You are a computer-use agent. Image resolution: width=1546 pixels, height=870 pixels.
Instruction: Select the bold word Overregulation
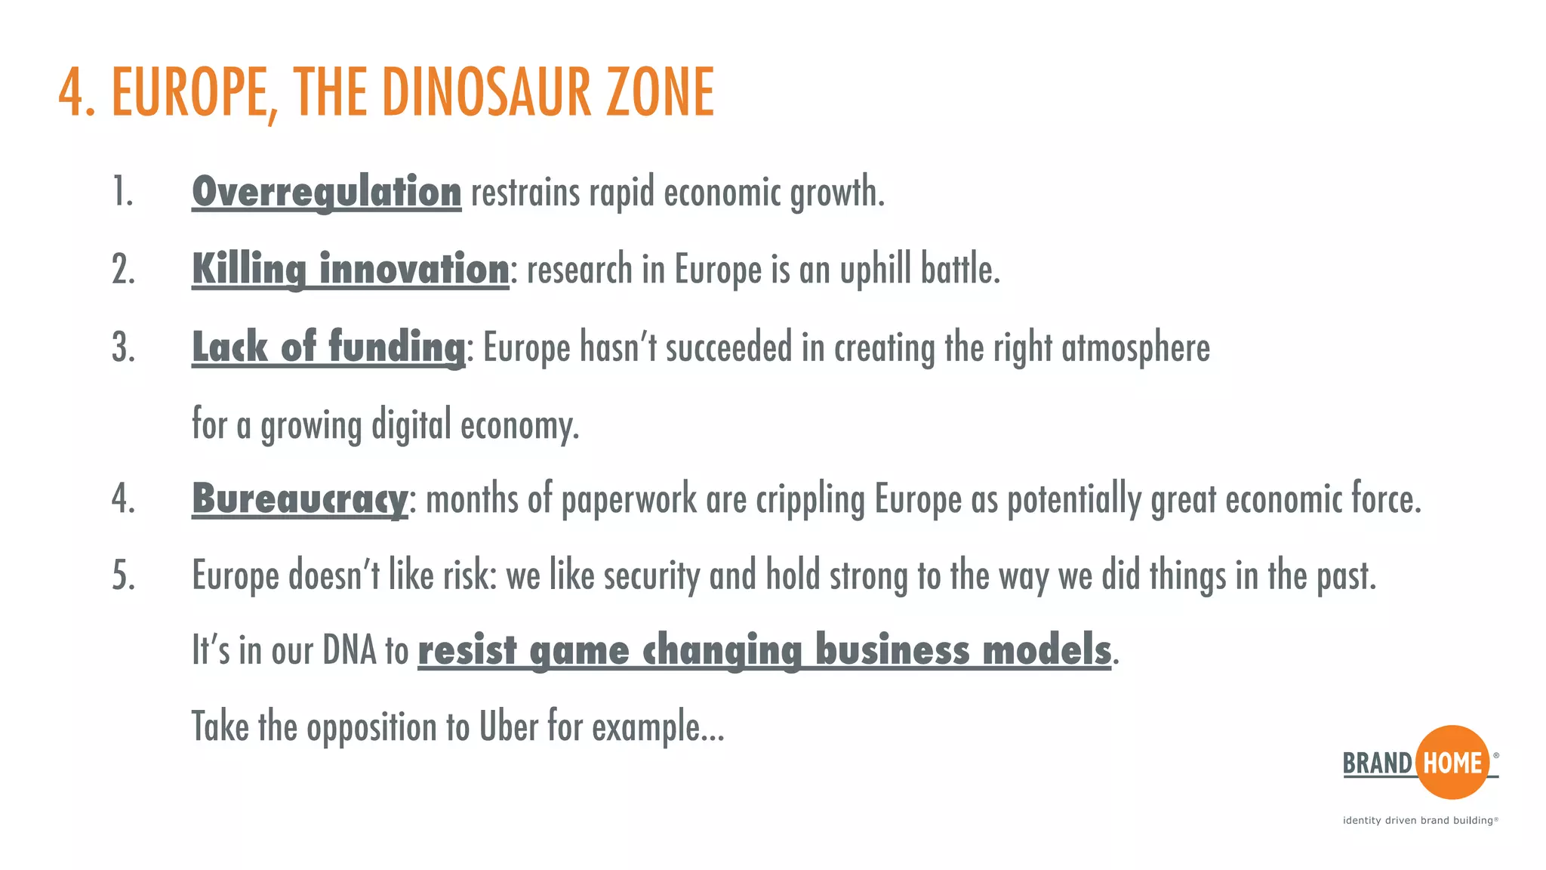pos(326,192)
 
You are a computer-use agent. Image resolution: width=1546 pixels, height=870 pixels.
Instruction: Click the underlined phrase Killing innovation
pos(350,270)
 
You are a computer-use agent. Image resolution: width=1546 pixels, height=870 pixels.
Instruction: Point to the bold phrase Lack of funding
pos(328,347)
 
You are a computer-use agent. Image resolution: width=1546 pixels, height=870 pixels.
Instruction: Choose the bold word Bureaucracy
pos(300,499)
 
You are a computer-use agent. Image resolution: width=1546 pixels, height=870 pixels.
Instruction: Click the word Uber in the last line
pos(508,727)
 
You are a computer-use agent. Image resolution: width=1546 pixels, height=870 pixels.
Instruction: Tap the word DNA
pos(349,650)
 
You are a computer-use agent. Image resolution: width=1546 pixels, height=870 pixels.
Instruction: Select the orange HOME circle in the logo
pos(1452,763)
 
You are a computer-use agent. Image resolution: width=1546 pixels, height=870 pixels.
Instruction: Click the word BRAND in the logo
pos(1377,764)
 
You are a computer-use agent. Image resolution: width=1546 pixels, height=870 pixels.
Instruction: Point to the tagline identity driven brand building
pos(1419,820)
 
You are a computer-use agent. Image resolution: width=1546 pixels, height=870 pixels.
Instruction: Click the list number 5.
pos(124,576)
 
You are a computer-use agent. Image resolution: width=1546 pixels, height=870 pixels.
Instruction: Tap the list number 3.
pos(124,348)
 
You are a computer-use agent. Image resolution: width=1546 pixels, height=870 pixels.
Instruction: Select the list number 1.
pos(123,192)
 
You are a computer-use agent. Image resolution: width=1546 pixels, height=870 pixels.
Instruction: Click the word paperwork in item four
pos(629,500)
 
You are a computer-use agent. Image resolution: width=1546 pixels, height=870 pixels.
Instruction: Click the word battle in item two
pos(959,270)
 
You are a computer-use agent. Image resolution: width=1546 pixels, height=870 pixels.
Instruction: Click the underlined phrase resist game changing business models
pos(764,651)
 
